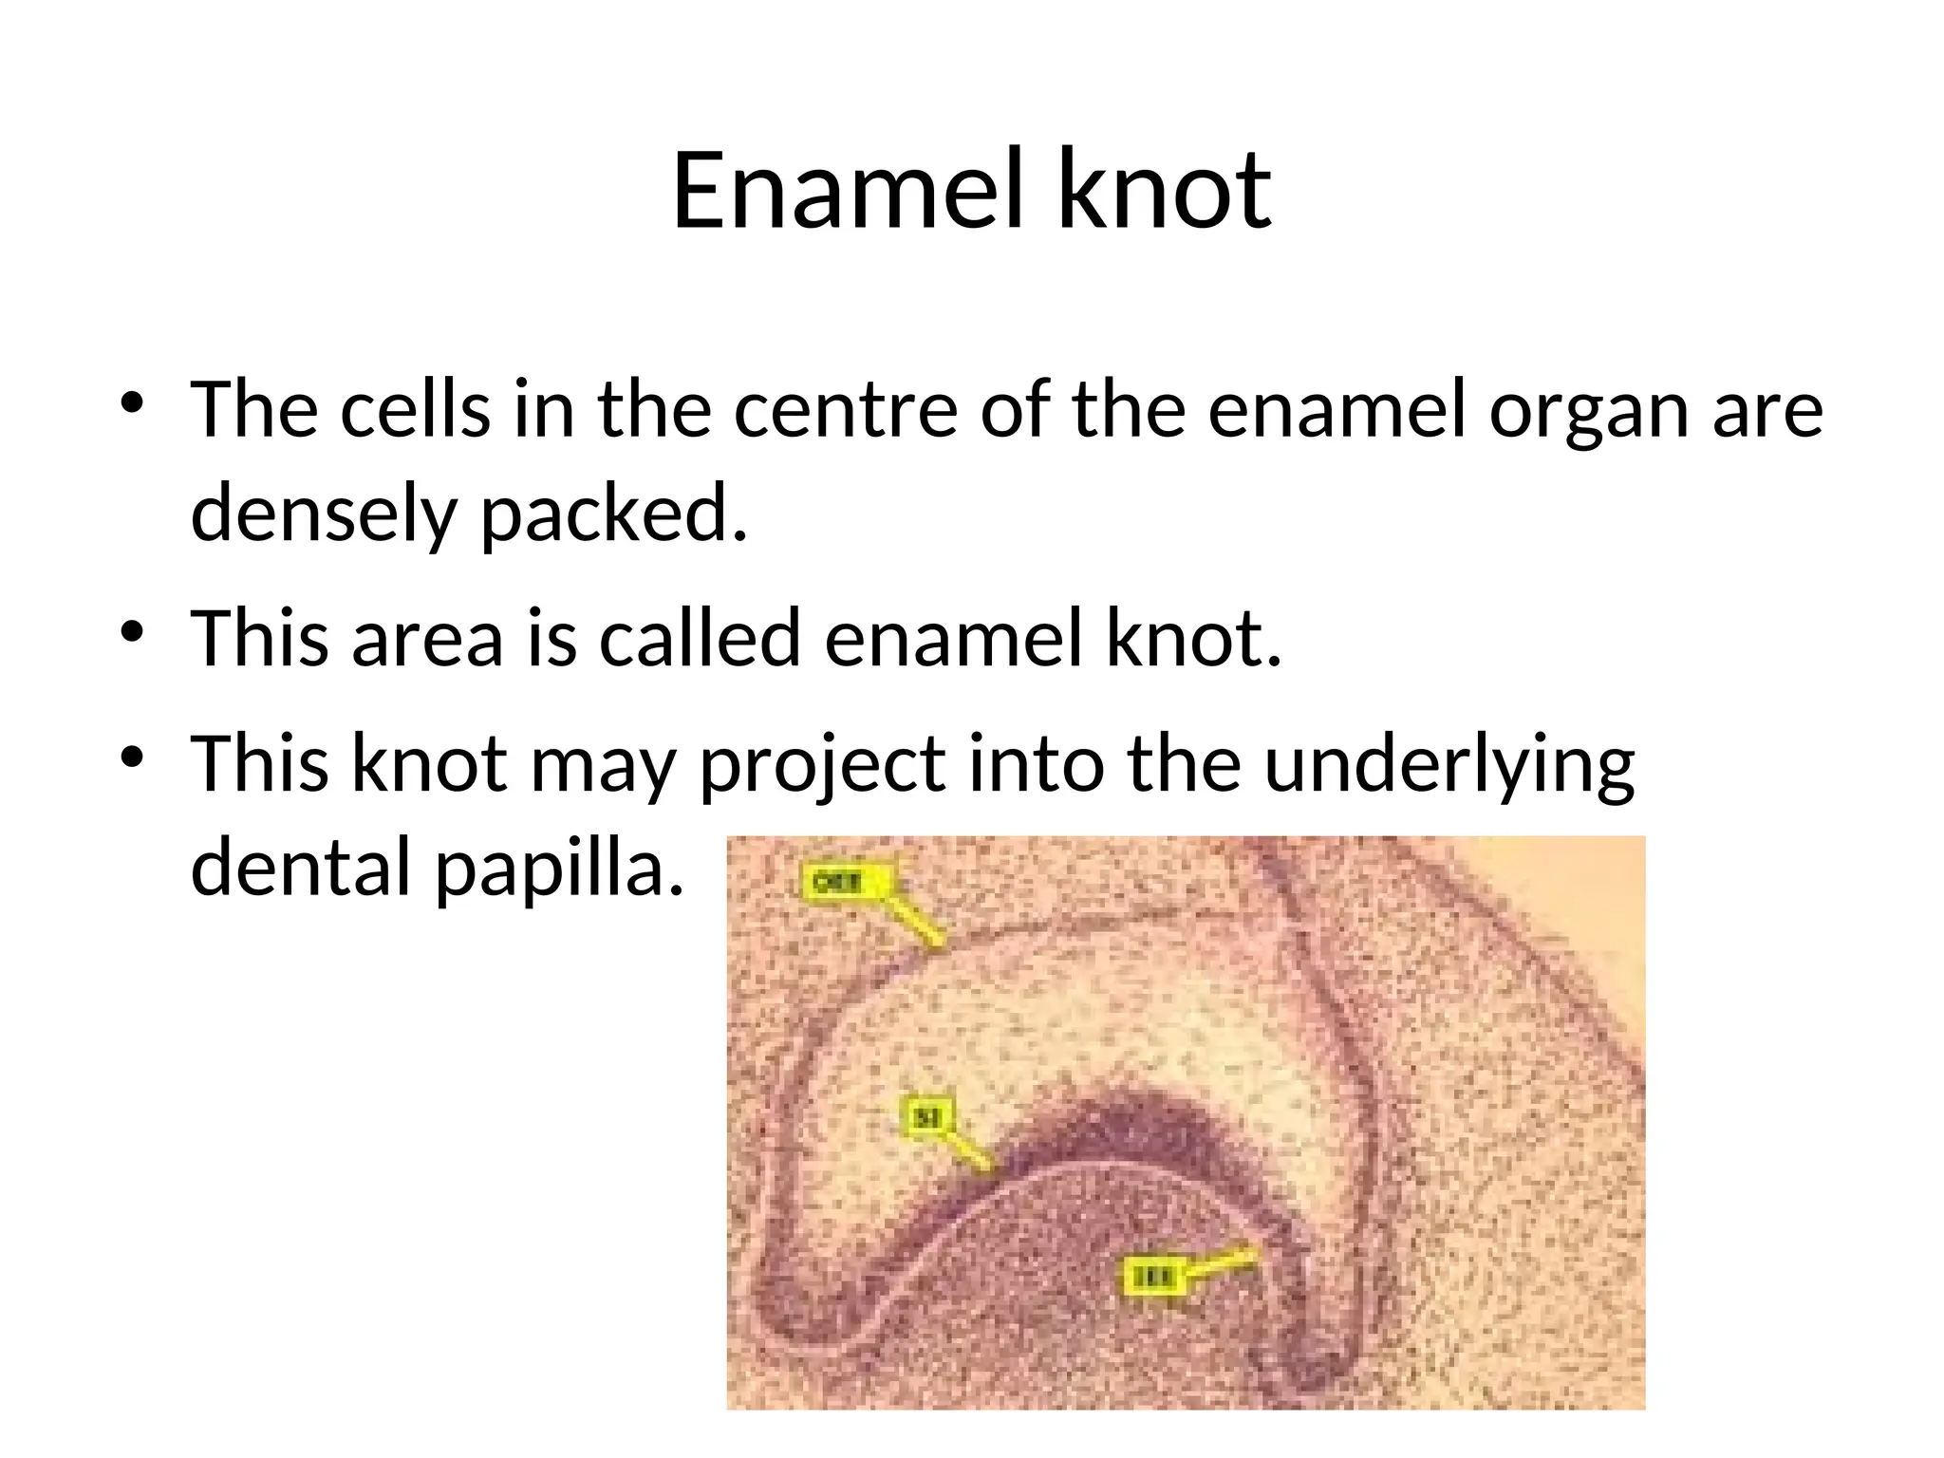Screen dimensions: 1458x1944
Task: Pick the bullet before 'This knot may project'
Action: click(x=133, y=757)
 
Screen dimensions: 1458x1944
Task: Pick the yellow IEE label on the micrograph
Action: click(x=1151, y=1278)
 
